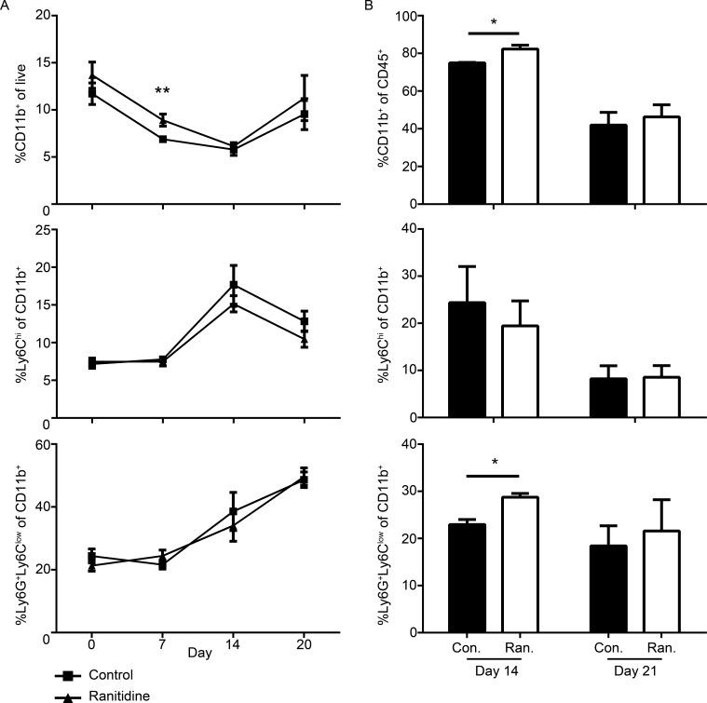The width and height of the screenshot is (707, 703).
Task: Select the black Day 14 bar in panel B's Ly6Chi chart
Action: click(467, 359)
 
